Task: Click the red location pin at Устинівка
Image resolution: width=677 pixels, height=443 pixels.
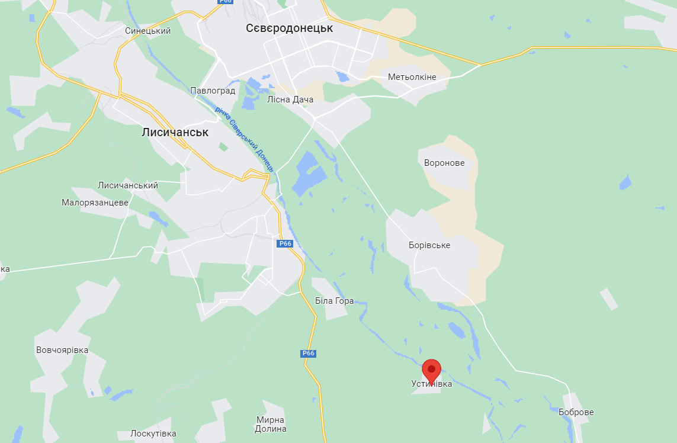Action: [431, 370]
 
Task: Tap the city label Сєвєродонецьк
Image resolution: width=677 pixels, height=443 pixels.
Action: [289, 28]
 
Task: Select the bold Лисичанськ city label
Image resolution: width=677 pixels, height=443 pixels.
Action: [175, 132]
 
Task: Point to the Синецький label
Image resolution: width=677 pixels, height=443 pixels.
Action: [147, 31]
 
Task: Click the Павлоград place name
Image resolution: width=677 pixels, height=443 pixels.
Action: [213, 91]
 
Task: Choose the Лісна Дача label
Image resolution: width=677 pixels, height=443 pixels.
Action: [290, 99]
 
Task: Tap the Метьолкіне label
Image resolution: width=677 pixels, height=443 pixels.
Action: [412, 77]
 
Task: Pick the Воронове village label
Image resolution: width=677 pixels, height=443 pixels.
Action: [444, 163]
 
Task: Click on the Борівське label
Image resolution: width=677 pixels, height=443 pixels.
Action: [429, 245]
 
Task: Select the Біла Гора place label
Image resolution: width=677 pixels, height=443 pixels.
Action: [334, 301]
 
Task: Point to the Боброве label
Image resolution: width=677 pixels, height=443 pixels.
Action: [576, 412]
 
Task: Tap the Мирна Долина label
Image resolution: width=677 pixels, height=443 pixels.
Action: [271, 424]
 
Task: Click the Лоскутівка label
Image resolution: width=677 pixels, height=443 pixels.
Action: [153, 434]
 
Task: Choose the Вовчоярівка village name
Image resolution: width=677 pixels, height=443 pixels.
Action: [62, 350]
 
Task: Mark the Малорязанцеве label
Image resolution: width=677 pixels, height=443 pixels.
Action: [95, 203]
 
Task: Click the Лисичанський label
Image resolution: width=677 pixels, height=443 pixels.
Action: [128, 185]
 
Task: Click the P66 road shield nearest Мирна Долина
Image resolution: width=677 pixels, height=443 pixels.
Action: [308, 354]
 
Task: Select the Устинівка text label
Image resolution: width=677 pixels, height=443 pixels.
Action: [432, 384]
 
